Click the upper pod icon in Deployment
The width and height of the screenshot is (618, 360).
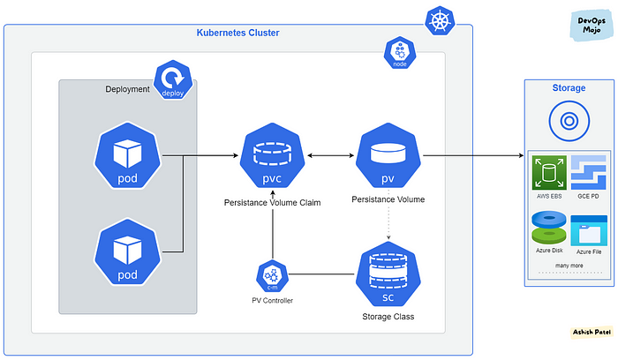pos(127,155)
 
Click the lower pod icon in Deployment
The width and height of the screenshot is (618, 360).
pos(127,251)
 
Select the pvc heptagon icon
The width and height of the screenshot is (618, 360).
pos(272,155)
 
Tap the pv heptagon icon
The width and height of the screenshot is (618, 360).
pos(388,155)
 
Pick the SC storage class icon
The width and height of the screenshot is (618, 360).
pos(388,274)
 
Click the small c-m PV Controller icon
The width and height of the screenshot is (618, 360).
pos(272,275)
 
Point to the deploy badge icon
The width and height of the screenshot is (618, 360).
pos(173,79)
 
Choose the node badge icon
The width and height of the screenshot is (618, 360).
pos(400,53)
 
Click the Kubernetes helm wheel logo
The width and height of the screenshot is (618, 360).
pos(440,21)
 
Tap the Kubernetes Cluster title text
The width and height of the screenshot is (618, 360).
pos(238,33)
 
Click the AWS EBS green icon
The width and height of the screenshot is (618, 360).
pos(549,173)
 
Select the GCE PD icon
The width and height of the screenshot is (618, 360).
pos(589,173)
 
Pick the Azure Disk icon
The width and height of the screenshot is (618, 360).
pos(549,228)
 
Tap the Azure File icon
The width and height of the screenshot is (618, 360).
pos(589,230)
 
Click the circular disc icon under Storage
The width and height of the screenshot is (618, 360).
pos(569,121)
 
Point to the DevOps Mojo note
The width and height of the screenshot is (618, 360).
pos(592,26)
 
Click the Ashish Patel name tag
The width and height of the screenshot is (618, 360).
pos(592,333)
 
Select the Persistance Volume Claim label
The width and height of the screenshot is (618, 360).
pos(272,202)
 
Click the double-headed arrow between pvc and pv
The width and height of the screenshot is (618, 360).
pos(330,155)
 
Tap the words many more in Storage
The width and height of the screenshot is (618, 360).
pos(569,266)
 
